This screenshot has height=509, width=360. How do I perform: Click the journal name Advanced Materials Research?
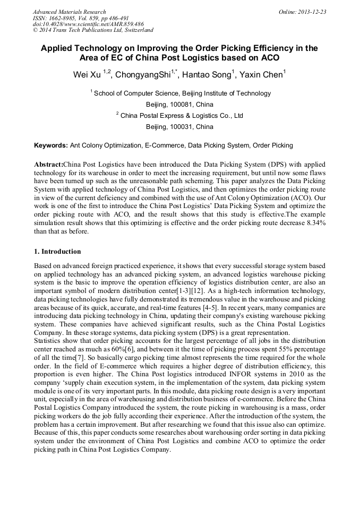(x=69, y=12)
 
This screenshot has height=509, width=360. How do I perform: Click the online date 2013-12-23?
(x=313, y=12)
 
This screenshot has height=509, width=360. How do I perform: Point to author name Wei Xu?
(x=87, y=75)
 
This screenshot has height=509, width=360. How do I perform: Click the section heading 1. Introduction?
(x=57, y=251)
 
